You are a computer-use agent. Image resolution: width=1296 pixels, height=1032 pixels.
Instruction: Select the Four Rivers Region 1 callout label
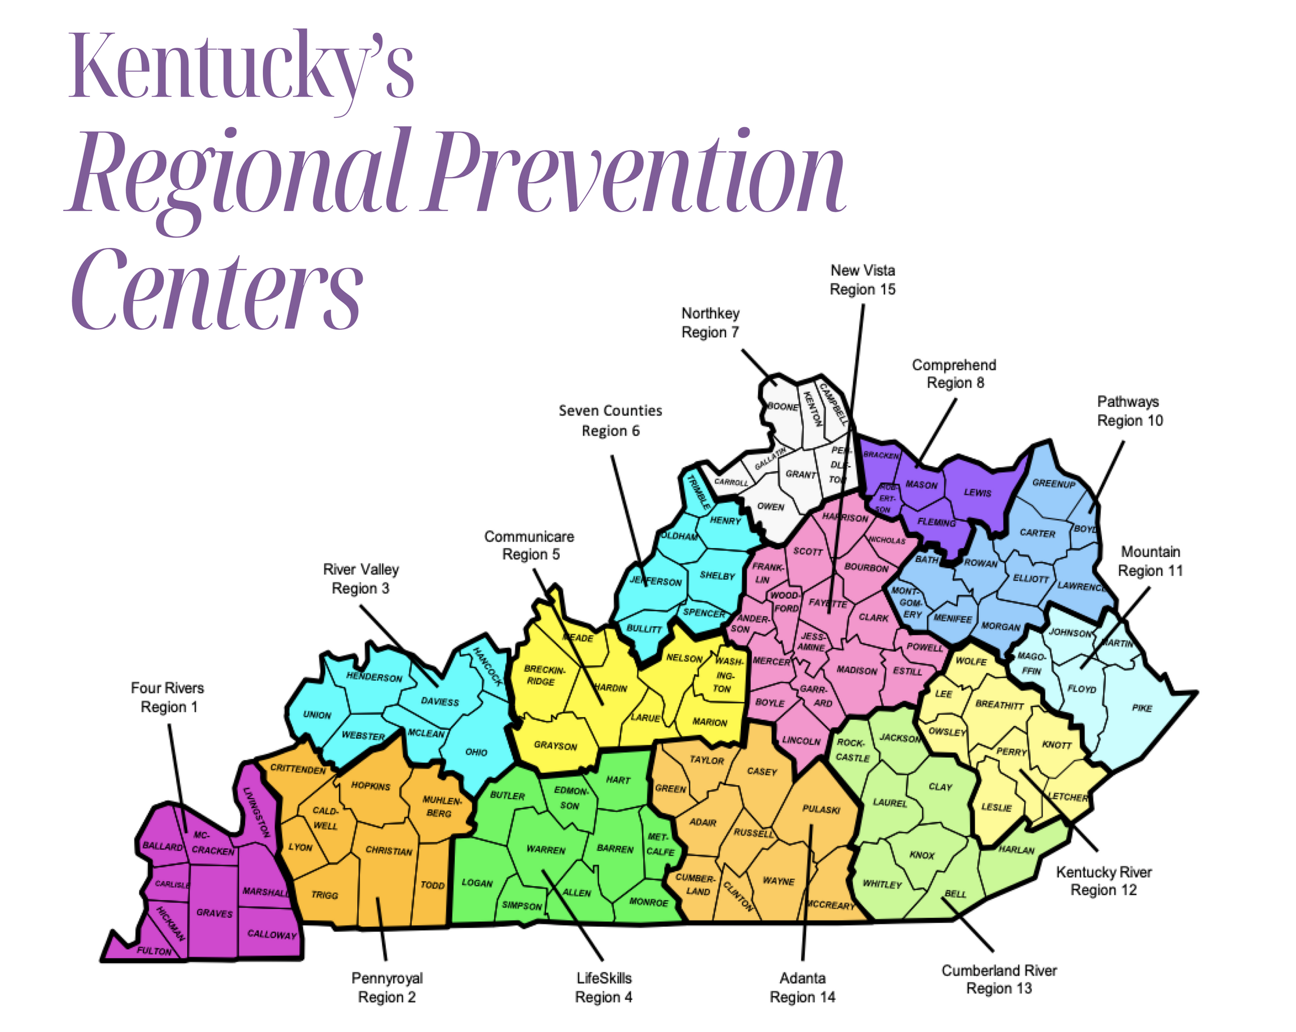[x=168, y=697]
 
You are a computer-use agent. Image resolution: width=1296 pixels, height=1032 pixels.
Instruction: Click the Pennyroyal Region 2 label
[x=387, y=987]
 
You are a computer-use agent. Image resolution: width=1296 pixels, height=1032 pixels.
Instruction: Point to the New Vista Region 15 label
[x=863, y=279]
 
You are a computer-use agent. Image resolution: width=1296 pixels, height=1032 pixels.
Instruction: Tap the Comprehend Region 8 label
[x=954, y=373]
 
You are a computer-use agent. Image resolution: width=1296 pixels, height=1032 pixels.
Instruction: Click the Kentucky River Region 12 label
[x=1104, y=881]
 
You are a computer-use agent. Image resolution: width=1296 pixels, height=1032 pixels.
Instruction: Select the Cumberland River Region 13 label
[x=998, y=979]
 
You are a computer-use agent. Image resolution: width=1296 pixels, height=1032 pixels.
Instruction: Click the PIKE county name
[x=1142, y=708]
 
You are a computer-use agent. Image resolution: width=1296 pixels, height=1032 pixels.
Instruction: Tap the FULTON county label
[x=154, y=951]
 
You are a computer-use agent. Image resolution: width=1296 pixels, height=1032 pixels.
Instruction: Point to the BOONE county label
[x=783, y=407]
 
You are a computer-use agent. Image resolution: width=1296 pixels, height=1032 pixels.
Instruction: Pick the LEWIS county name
[x=977, y=492]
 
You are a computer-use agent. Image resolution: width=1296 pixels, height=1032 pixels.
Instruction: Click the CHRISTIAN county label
[x=389, y=851]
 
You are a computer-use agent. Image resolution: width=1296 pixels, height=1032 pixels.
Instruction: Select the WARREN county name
[x=546, y=849]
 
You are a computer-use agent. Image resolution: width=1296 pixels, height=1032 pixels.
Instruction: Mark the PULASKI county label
[x=821, y=810]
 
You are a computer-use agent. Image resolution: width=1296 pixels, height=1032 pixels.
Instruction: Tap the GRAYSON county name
[x=555, y=746]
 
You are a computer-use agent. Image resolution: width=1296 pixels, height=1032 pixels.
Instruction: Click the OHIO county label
[x=476, y=752]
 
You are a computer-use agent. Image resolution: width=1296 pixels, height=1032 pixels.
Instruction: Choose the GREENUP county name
[x=1054, y=483]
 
